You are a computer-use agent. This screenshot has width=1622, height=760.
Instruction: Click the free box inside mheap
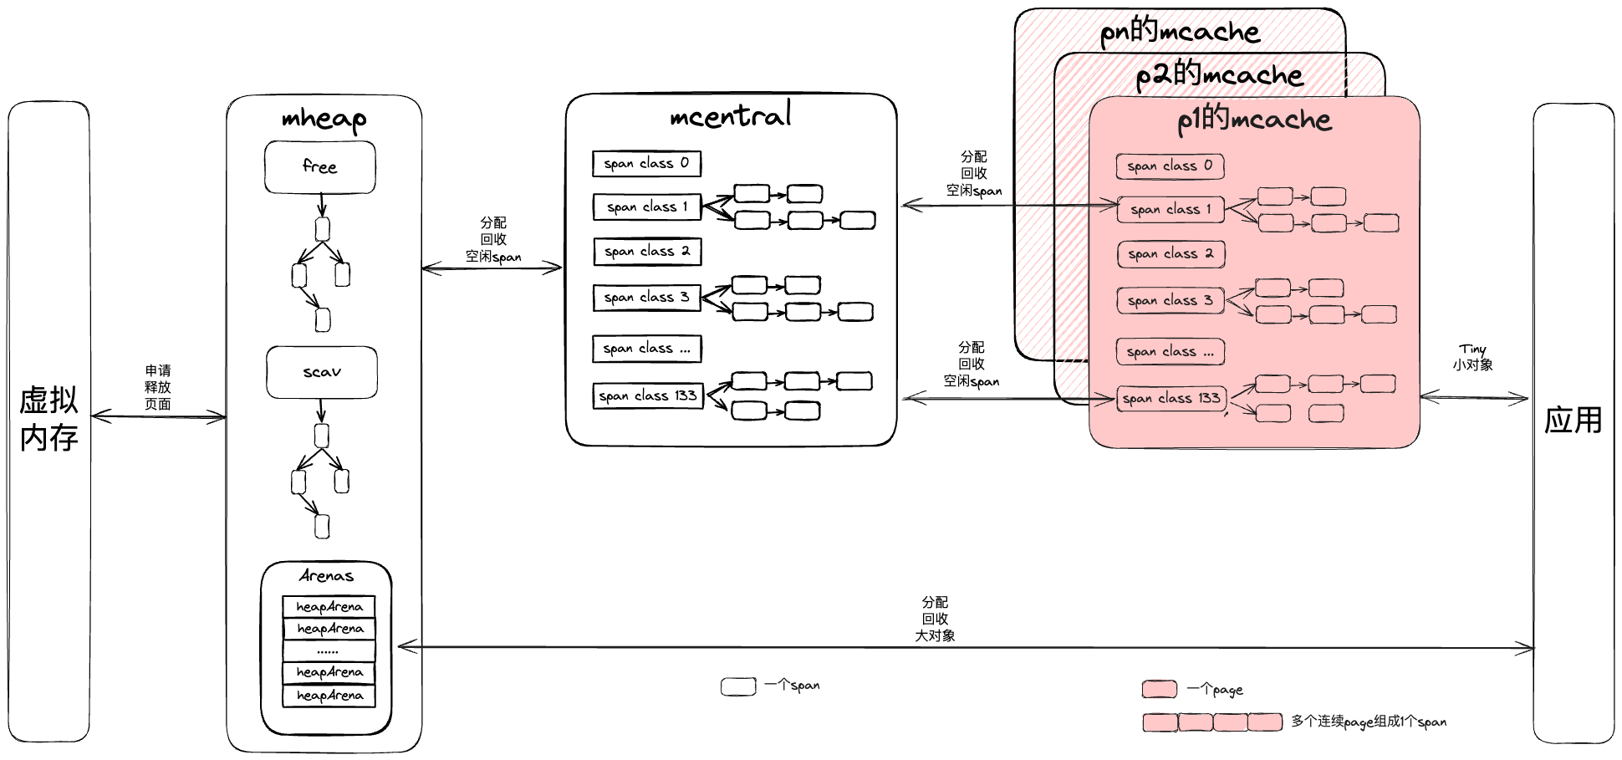pyautogui.click(x=319, y=167)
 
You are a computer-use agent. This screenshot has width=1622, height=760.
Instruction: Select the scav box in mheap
pyautogui.click(x=321, y=372)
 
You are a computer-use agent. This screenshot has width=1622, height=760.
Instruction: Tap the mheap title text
pyautogui.click(x=324, y=119)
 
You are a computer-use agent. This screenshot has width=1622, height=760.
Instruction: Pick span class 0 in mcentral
pyautogui.click(x=646, y=164)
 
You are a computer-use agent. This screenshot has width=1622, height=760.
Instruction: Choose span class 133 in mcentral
pyautogui.click(x=648, y=395)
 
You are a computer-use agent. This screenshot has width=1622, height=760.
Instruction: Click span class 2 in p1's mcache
pyautogui.click(x=1171, y=254)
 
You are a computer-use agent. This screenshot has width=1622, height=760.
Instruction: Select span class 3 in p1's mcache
pyautogui.click(x=1170, y=300)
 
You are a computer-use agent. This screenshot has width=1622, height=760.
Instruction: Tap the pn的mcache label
pyautogui.click(x=1179, y=33)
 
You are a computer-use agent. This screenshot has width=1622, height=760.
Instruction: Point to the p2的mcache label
pyautogui.click(x=1219, y=75)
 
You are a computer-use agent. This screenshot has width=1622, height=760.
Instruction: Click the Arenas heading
pyautogui.click(x=326, y=576)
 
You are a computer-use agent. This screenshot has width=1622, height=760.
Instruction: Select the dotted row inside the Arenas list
pyautogui.click(x=329, y=650)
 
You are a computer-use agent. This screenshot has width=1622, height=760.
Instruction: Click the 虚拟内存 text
pyautogui.click(x=48, y=418)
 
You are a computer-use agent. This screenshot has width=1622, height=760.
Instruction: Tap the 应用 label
pyautogui.click(x=1573, y=421)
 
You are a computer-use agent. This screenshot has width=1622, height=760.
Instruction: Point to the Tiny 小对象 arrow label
pyautogui.click(x=1472, y=357)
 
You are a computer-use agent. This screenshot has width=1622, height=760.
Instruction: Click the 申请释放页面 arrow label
pyautogui.click(x=157, y=387)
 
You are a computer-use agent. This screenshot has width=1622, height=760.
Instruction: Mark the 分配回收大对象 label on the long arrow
pyautogui.click(x=935, y=619)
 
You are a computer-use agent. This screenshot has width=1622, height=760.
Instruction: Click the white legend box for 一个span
pyautogui.click(x=738, y=686)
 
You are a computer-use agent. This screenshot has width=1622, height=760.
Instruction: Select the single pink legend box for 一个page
pyautogui.click(x=1160, y=689)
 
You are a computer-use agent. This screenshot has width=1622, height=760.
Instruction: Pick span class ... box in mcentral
pyautogui.click(x=646, y=349)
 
